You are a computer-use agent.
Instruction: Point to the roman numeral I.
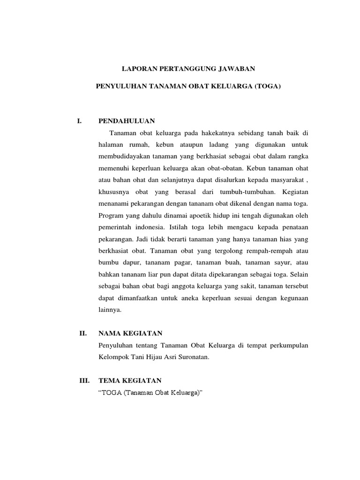click(79, 121)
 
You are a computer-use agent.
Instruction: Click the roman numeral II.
click(83, 333)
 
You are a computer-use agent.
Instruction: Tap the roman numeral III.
click(84, 380)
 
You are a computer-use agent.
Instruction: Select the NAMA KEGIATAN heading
click(130, 333)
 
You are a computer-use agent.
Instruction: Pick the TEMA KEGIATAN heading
click(130, 380)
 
